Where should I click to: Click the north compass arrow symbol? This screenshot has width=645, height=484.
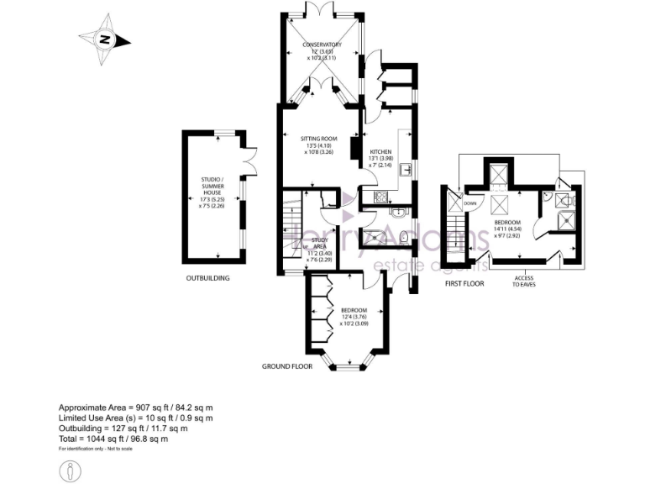(x=104, y=38)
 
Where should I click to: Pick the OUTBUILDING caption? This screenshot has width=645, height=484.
(x=207, y=277)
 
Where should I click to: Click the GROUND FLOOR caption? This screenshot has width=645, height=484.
(x=287, y=366)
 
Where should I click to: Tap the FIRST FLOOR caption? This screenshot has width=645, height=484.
(x=464, y=284)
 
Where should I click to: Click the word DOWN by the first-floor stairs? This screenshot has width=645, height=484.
(x=469, y=203)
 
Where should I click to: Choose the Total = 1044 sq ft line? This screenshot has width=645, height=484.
(x=113, y=439)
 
